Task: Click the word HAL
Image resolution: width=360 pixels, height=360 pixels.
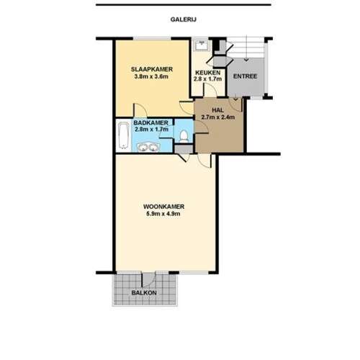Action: (x=218, y=109)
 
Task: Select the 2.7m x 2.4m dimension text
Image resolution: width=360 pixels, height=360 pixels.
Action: (x=218, y=117)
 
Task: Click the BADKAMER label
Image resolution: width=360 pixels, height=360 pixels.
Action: (x=150, y=122)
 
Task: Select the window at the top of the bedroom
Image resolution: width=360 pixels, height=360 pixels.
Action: (x=148, y=38)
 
